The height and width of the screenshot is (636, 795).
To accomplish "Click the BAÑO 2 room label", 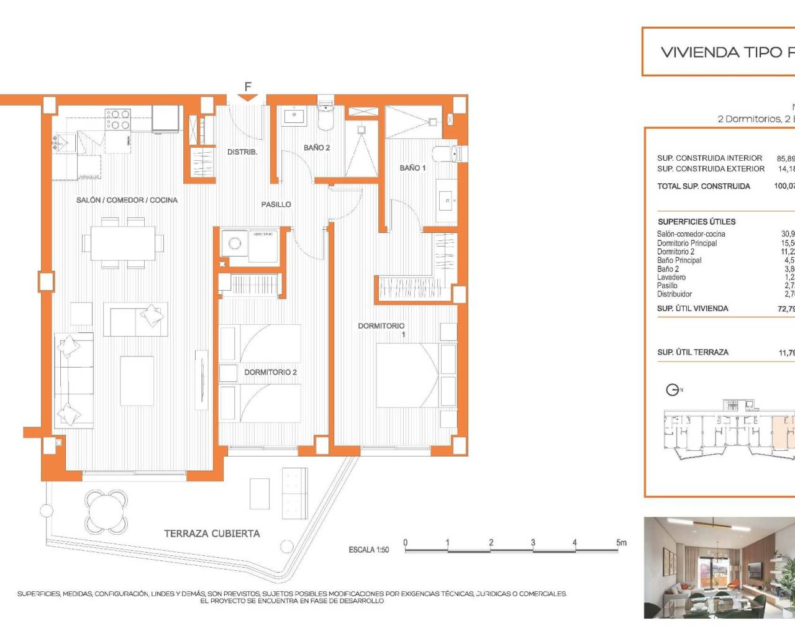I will pos(317,148).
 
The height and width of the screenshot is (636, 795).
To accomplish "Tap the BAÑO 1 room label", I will pos(412,168).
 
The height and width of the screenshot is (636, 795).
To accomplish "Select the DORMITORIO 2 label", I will pos(270,372).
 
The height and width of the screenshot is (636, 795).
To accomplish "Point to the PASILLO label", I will pos(276,204).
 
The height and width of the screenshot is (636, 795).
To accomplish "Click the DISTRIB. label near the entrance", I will pos(242,152).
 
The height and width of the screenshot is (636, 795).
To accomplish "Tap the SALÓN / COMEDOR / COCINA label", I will pos(127,200).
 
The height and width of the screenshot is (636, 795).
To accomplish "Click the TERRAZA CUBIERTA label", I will pos(212,534).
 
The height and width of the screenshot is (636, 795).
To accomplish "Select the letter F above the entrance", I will pos(248,87).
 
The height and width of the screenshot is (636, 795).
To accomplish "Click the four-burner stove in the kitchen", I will pos(117,119).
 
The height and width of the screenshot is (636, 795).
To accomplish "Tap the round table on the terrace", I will pos(104,507).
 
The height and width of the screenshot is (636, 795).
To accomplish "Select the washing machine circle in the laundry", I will pos(235,243).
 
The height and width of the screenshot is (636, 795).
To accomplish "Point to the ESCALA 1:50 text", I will pos(369,550).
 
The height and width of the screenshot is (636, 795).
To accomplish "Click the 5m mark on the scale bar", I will pos(621,543).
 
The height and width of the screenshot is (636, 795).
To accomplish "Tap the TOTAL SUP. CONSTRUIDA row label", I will pos(704,186).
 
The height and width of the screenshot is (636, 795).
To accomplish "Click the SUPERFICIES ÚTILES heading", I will pos(696,222).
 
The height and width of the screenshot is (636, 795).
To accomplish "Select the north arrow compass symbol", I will pos(673,390).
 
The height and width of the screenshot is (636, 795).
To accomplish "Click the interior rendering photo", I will pos(719,568).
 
